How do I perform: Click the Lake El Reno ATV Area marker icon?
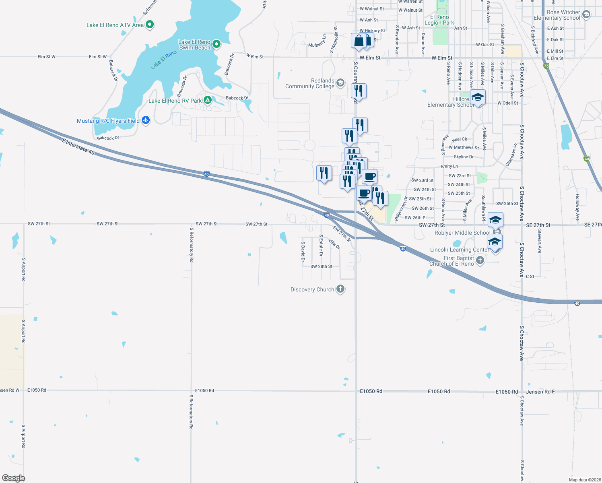150,25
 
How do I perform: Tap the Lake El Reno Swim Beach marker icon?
216,44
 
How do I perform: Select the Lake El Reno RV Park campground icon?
208,100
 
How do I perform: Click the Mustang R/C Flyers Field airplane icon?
146,120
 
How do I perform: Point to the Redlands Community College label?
310,84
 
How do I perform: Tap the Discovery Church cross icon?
340,289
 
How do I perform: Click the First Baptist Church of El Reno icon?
480,260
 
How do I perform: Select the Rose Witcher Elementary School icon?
586,15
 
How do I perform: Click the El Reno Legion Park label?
439,20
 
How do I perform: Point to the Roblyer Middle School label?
462,233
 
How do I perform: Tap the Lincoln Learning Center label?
459,250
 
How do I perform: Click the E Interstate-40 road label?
78,146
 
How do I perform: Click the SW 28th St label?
321,266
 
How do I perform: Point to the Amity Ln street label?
449,166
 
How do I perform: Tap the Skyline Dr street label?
464,157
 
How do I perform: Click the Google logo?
14,478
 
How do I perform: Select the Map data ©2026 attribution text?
585,480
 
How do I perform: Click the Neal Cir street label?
460,139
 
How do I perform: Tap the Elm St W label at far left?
46,57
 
